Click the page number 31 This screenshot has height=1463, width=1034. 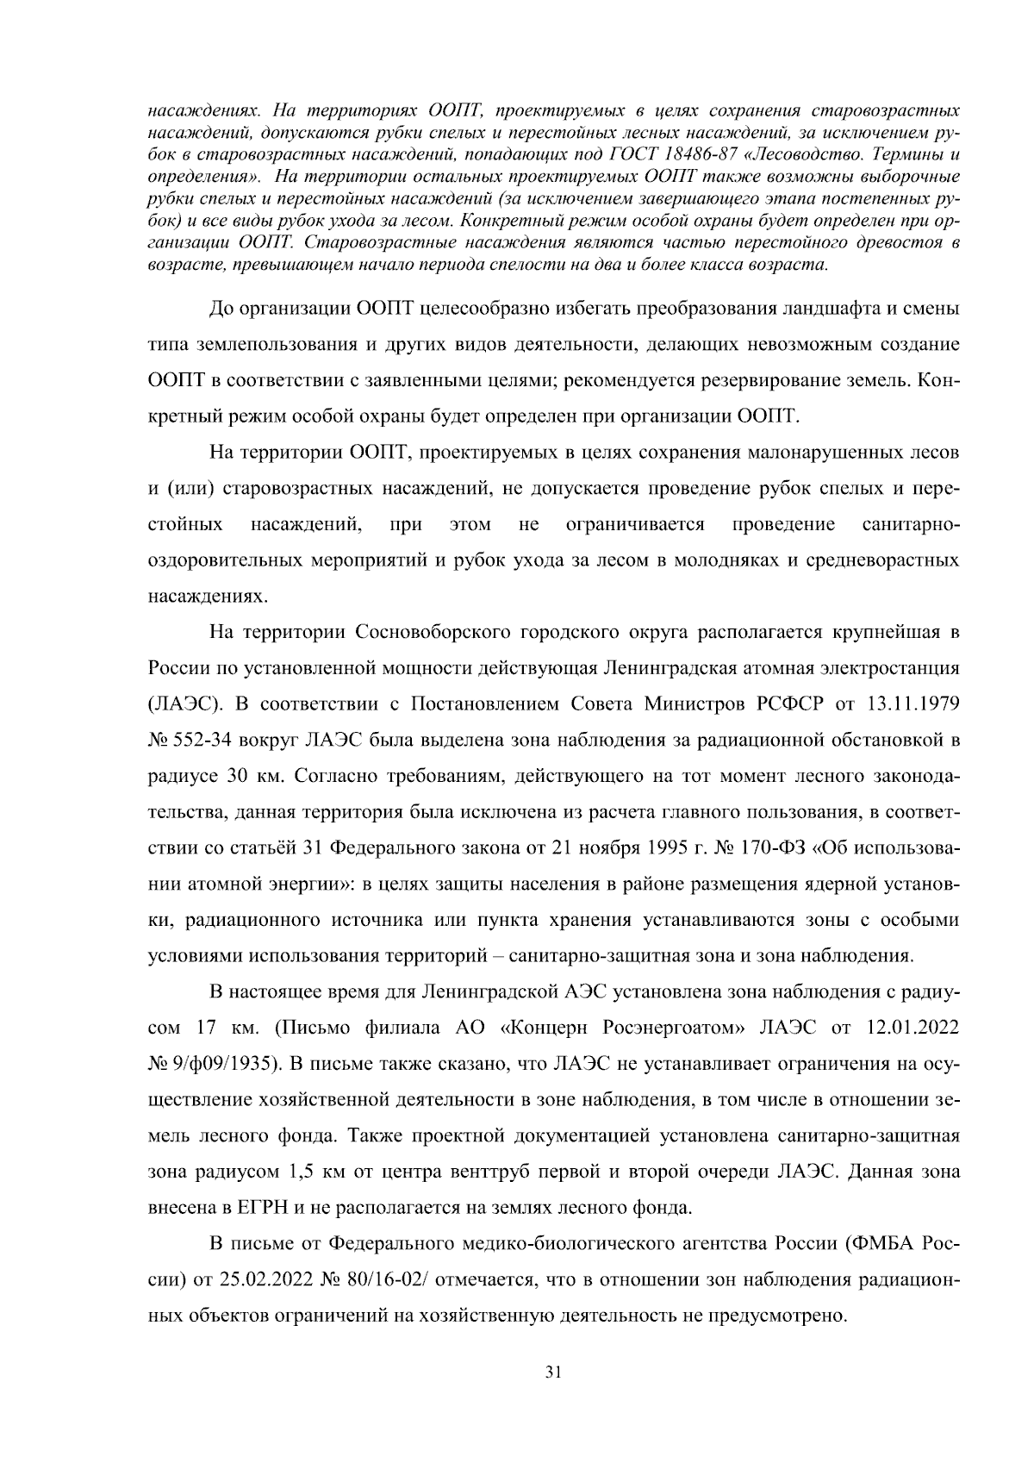coord(554,1373)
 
